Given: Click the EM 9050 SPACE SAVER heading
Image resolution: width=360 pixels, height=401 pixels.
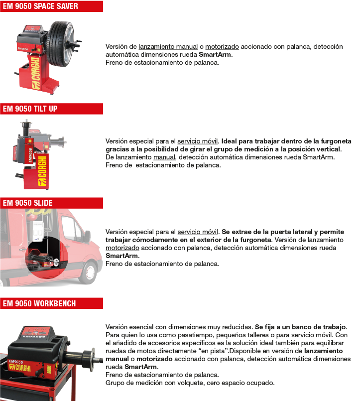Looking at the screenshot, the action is click(40, 6).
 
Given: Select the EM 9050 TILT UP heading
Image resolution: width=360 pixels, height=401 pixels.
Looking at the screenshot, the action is click(30, 109).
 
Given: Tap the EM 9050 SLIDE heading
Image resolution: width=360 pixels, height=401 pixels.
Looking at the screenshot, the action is click(27, 203).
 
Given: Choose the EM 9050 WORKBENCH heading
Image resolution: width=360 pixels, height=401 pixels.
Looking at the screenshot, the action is click(39, 303).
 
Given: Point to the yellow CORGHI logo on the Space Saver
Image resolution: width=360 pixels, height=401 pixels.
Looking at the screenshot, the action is click(35, 73).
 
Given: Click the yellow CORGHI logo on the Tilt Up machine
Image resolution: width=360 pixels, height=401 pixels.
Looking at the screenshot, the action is click(42, 170).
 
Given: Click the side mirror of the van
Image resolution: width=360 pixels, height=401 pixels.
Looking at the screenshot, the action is click(88, 237).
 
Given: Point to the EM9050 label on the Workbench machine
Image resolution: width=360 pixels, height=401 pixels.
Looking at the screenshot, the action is click(16, 362).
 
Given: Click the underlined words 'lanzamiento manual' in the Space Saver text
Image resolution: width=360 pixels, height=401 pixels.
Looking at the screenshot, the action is click(168, 46).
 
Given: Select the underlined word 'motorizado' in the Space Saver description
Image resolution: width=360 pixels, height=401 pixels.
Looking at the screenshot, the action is click(222, 46).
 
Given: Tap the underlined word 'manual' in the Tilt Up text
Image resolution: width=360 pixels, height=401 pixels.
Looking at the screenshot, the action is click(164, 157).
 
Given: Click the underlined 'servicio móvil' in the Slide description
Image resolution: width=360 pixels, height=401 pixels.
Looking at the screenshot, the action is click(198, 232).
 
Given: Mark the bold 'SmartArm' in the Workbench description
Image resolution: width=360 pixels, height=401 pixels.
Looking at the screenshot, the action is click(140, 367).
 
